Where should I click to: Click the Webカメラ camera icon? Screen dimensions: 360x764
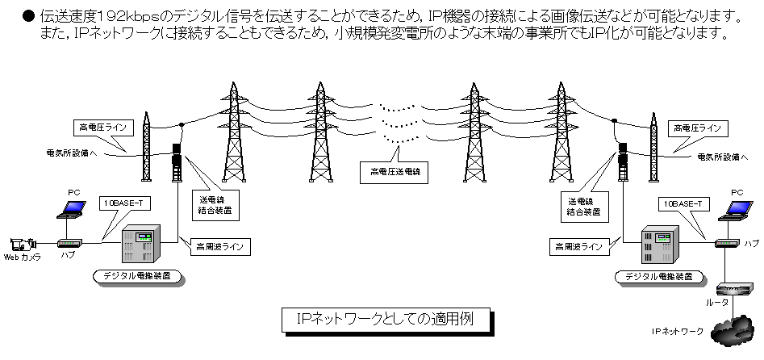click(23, 243)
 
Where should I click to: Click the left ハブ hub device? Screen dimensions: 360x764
click(68, 242)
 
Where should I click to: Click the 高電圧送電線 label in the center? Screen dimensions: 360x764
click(395, 171)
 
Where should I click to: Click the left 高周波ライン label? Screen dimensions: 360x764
click(217, 245)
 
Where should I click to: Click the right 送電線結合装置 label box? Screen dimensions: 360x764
click(583, 205)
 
